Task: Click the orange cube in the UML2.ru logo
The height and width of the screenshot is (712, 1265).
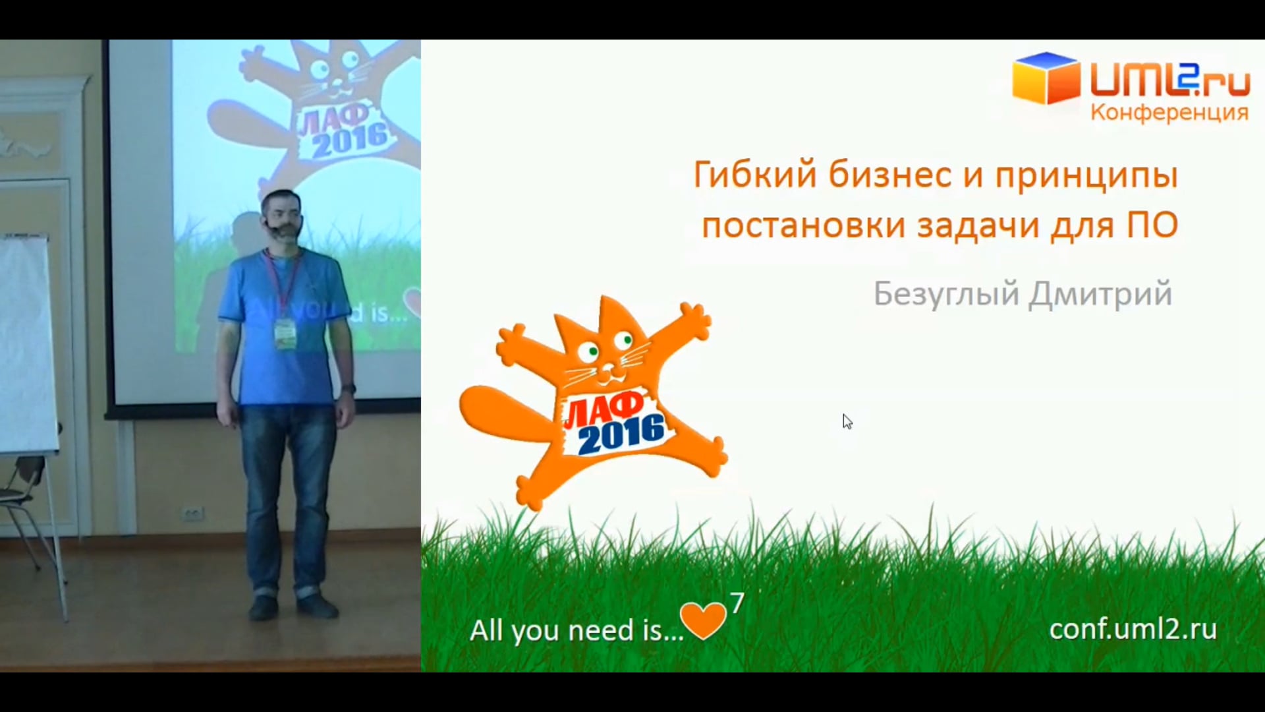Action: (1046, 78)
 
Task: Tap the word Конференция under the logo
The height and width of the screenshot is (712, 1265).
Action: (1169, 113)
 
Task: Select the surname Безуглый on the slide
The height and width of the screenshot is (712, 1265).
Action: (947, 294)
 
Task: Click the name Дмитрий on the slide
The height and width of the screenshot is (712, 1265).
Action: (1100, 294)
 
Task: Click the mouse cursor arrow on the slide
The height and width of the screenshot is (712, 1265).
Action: (847, 421)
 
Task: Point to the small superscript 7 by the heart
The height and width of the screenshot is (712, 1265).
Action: (737, 603)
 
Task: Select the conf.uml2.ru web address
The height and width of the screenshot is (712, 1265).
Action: (1133, 629)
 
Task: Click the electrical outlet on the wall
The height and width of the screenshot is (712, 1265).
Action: (193, 514)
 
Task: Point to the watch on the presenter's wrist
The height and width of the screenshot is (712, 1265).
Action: (349, 388)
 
